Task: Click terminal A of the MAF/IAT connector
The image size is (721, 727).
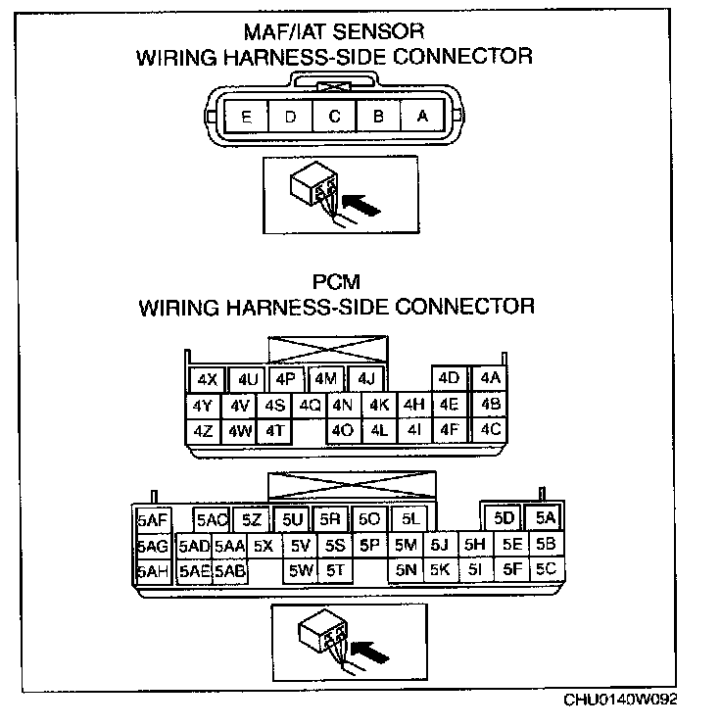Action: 422,116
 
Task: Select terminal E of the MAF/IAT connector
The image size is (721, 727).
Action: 246,116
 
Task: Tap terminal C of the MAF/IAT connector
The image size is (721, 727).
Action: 334,116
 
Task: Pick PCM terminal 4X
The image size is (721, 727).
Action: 206,379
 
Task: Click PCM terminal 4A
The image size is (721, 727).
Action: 490,378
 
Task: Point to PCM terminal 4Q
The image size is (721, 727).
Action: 310,404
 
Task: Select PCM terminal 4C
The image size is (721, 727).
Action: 490,428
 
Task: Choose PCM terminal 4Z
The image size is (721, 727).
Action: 204,429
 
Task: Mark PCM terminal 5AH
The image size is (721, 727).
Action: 153,570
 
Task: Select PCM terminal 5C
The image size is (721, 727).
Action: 546,568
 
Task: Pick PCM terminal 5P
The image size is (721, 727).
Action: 369,545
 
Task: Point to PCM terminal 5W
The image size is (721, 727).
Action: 301,569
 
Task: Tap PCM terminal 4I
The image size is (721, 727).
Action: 413,428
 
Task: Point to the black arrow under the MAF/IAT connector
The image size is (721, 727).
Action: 363,207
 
